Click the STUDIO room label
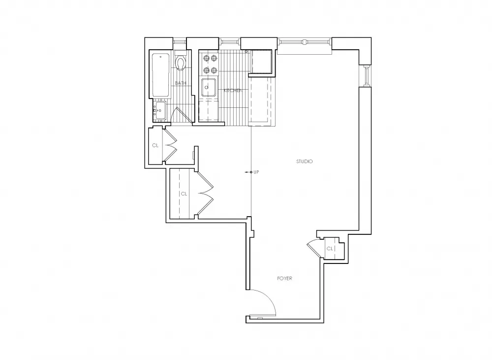(305, 162)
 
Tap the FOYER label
(284, 278)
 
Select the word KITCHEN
(233, 91)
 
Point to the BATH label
(181, 83)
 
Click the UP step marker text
(256, 172)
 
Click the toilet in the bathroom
(181, 63)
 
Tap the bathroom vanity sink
(159, 110)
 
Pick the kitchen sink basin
(209, 88)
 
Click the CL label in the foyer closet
(330, 249)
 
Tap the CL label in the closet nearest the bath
(155, 145)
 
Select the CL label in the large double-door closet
(184, 194)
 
